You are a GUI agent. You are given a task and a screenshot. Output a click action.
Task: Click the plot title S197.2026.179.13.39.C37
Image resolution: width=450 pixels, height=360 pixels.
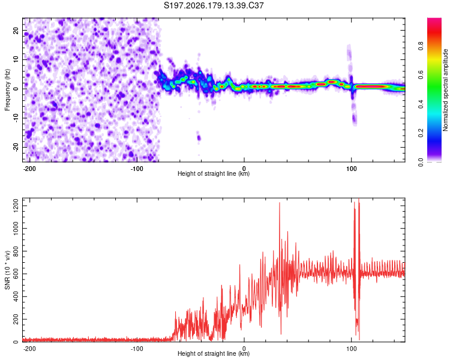point(214,5)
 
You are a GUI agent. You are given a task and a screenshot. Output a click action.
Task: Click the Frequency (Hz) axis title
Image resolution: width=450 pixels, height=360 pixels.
point(7,90)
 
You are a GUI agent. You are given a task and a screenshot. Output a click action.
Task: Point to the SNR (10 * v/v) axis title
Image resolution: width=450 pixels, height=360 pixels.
point(7,270)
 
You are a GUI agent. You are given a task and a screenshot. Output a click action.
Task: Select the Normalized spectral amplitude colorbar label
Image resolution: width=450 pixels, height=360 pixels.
point(445,90)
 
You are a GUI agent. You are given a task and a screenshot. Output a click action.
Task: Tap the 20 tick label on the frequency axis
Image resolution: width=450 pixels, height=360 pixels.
point(16,31)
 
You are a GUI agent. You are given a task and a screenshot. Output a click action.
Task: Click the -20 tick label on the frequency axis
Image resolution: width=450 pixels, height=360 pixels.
point(16,148)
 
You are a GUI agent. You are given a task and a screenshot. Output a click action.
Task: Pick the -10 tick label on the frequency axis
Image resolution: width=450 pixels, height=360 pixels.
point(16,118)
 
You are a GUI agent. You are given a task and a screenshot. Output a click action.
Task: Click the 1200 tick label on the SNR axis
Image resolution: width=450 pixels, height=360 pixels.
point(16,206)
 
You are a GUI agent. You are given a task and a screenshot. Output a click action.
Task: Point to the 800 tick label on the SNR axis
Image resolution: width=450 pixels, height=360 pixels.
point(16,251)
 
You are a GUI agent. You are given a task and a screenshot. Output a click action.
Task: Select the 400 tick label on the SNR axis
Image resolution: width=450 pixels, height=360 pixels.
point(16,296)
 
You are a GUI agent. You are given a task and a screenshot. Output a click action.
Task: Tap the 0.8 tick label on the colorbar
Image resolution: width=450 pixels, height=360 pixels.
point(421,46)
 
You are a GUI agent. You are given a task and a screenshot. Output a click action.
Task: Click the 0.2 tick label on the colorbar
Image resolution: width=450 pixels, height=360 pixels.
point(421,133)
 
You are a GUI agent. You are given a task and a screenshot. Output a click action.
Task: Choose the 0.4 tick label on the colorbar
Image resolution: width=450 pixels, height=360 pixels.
point(421,104)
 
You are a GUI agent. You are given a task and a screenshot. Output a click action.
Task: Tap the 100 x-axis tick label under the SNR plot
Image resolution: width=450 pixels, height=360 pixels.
point(351,349)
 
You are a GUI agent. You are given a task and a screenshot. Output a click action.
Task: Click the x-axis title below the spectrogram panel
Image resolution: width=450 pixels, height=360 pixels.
point(214,173)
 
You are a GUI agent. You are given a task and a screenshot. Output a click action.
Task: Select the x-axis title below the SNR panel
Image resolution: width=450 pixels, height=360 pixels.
point(214,353)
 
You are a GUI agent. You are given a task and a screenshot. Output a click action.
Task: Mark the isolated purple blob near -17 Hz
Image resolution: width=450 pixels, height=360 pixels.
point(199,137)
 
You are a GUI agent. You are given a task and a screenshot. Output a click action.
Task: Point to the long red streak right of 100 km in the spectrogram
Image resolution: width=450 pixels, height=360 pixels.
point(372,86)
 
